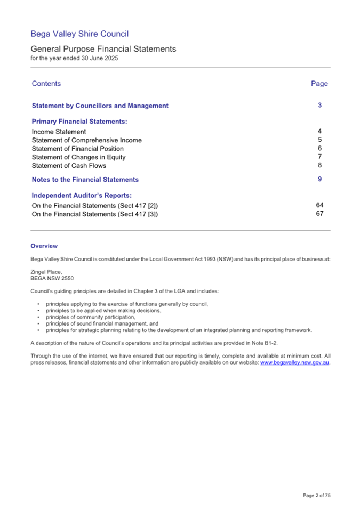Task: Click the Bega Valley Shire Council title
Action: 79,35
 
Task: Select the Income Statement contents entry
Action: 59,132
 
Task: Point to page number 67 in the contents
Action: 319,214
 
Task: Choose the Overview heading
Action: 44,246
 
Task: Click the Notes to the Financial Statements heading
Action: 85,180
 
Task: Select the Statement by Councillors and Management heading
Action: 100,106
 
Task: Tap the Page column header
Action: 319,84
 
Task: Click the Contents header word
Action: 46,84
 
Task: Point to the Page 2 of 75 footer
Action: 316,496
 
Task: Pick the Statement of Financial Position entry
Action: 77,149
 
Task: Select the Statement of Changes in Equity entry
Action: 78,157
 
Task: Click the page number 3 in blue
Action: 319,106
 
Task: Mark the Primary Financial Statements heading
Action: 79,122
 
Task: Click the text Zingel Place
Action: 46,272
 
